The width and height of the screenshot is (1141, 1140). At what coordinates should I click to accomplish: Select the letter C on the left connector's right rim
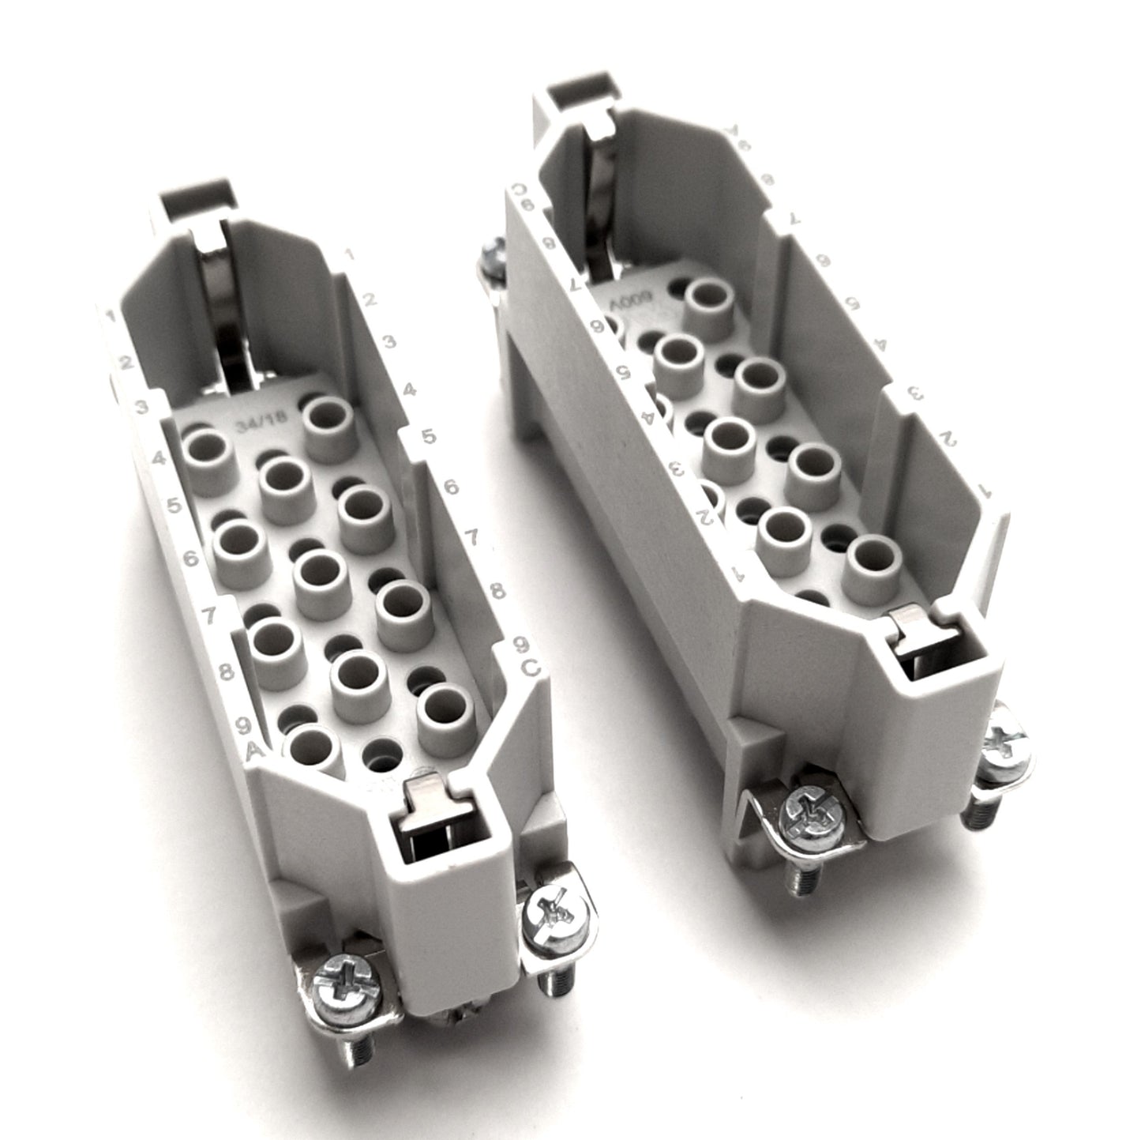click(x=532, y=668)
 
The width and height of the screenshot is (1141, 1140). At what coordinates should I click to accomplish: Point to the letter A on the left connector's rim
click(x=254, y=748)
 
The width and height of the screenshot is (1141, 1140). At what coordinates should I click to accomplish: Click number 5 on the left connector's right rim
click(x=429, y=437)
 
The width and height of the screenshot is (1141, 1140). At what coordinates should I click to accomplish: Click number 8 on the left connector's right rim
click(x=497, y=590)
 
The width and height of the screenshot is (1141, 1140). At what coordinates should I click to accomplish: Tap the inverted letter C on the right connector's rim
click(x=520, y=190)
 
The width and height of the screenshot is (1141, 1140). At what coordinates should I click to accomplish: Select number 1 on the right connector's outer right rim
click(x=985, y=489)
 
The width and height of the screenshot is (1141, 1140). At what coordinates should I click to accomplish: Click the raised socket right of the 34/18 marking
click(x=331, y=419)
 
